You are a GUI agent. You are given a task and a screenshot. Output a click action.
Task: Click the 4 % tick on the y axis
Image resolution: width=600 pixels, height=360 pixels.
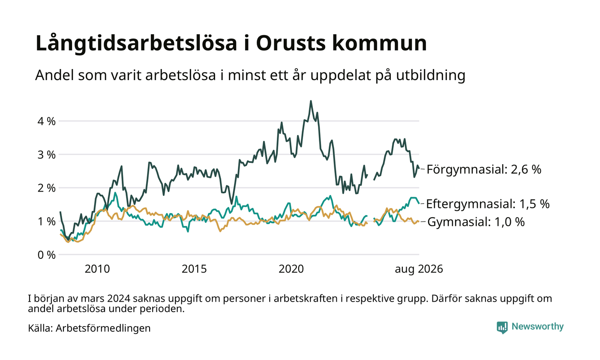46,122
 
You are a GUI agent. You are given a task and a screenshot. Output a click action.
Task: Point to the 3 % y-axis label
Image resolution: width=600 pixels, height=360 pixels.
46,155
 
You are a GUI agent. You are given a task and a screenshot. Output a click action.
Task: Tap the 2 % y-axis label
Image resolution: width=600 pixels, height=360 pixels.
46,188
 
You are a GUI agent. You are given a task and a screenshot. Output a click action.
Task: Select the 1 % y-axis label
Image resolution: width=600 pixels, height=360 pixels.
46,222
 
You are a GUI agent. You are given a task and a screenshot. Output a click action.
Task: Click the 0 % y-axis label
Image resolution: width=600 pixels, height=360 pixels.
46,255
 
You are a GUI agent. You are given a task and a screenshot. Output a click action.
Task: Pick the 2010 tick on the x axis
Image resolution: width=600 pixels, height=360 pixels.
97,269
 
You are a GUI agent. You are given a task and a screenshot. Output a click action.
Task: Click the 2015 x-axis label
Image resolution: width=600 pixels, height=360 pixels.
194,269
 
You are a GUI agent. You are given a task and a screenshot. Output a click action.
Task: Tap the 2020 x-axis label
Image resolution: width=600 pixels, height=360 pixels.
291,269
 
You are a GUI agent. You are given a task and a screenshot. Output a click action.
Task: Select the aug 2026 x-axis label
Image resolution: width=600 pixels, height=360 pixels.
419,269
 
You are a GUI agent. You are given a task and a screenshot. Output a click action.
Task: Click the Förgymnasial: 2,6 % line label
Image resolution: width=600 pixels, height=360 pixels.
484,170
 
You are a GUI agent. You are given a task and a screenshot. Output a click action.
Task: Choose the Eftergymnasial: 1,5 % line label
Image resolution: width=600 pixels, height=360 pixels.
488,204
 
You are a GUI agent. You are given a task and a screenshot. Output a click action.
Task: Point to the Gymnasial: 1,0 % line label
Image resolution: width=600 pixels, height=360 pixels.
476,222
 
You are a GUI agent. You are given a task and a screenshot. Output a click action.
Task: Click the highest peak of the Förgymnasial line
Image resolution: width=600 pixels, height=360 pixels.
311,101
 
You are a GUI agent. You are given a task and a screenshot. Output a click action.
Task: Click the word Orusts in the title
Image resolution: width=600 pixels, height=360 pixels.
291,43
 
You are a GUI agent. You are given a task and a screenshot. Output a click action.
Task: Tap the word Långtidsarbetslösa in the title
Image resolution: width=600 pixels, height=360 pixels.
136,44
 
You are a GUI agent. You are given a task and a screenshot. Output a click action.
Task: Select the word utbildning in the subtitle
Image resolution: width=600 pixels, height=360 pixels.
431,75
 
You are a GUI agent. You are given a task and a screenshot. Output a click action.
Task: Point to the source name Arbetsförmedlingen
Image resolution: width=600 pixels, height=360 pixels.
103,328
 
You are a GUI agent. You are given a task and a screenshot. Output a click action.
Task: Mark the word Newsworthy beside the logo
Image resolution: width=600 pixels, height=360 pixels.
537,327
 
